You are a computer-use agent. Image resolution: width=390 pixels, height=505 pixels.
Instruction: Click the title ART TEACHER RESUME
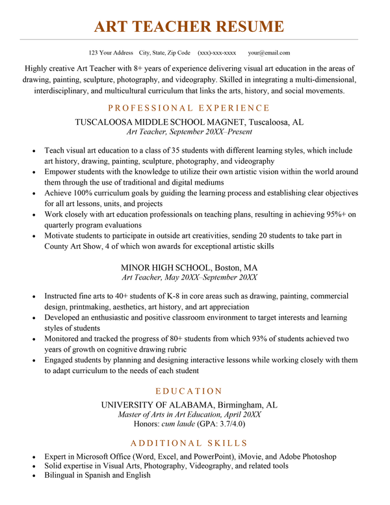tap(188, 27)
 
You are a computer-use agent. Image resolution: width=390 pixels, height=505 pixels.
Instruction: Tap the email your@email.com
tap(269, 53)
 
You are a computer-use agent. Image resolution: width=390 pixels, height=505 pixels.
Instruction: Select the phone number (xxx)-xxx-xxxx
tap(216, 53)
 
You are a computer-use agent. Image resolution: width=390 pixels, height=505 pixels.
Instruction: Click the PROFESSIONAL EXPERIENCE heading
tap(188, 108)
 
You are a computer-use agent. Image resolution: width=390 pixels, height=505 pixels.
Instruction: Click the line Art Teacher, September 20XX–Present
tap(188, 132)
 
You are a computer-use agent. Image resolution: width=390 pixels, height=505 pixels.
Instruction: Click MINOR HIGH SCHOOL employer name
tap(166, 267)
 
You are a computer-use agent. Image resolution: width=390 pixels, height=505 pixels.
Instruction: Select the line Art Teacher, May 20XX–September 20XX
tap(188, 277)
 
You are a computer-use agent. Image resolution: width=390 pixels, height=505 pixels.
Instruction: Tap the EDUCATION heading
tap(188, 391)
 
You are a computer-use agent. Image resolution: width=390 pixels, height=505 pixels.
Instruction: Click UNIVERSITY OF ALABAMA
tap(158, 404)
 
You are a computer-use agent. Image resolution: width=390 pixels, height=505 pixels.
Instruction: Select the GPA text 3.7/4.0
tap(228, 424)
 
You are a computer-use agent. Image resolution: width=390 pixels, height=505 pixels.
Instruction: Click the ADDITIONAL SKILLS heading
tap(188, 443)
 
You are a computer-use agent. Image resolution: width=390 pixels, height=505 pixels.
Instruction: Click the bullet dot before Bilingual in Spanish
tap(33, 476)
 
